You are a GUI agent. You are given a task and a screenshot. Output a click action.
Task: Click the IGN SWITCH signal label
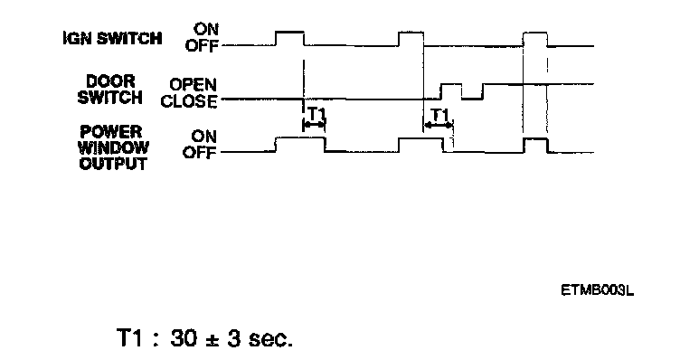click(112, 38)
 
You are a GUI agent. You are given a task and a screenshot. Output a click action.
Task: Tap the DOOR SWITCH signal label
click(110, 90)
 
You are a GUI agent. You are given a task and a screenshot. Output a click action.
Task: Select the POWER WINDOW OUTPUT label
click(113, 148)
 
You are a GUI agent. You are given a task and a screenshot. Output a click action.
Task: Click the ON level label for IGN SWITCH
click(206, 30)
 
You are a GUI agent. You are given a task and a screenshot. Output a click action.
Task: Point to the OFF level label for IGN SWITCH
click(202, 45)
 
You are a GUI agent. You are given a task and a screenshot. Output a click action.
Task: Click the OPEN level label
click(193, 84)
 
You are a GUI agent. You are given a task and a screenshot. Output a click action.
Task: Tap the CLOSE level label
click(189, 101)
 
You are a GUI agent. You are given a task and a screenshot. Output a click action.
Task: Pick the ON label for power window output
click(203, 137)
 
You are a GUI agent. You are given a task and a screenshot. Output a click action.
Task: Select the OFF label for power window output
click(200, 153)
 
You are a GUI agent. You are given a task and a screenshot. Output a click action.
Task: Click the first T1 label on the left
click(316, 114)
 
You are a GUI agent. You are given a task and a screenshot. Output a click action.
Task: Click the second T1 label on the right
click(439, 115)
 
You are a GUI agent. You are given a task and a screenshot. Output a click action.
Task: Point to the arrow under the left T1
click(313, 125)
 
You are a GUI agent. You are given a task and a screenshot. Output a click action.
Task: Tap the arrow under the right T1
click(438, 126)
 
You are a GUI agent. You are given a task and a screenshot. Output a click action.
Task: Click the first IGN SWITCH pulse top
click(289, 32)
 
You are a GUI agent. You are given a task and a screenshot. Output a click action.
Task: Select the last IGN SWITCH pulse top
click(535, 33)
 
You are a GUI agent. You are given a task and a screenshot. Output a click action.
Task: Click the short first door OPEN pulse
click(451, 84)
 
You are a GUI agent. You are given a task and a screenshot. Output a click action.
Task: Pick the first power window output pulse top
click(300, 137)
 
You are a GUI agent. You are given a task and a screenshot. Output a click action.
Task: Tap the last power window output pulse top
click(535, 138)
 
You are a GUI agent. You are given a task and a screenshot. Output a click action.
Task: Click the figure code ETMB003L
click(597, 290)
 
